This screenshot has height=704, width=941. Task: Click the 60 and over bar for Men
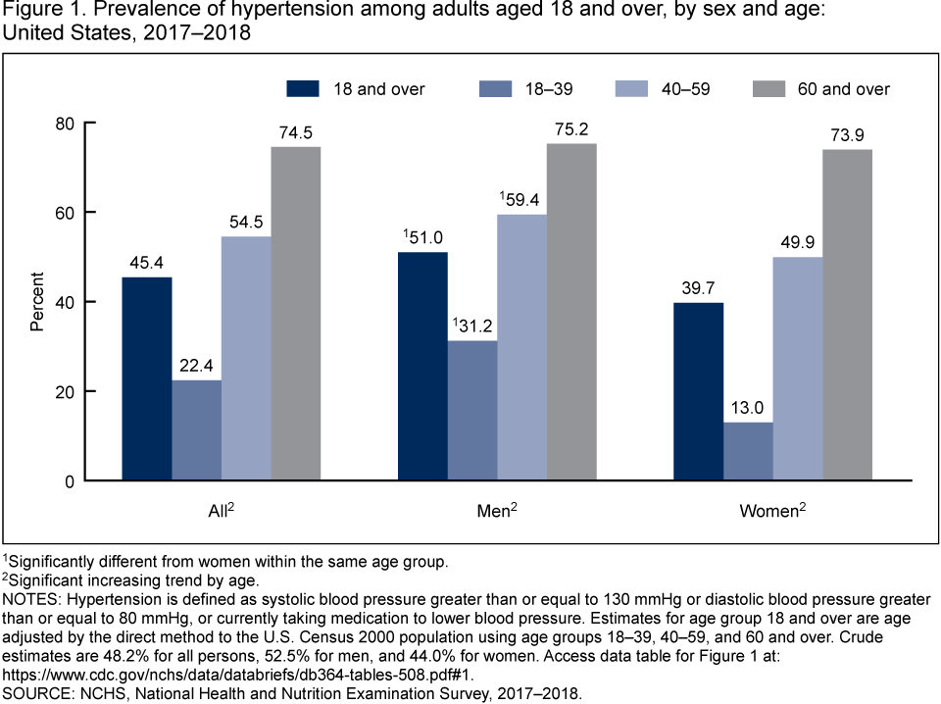(x=570, y=312)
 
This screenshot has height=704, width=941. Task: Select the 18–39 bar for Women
(x=748, y=451)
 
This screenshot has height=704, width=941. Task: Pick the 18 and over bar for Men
(x=422, y=366)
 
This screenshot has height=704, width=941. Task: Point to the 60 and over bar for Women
(x=847, y=315)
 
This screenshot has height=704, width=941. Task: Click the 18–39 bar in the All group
(x=196, y=429)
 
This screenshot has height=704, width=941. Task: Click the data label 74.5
(x=296, y=133)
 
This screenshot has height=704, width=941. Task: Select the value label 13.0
(x=748, y=409)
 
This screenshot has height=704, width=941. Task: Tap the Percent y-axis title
(x=37, y=302)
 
